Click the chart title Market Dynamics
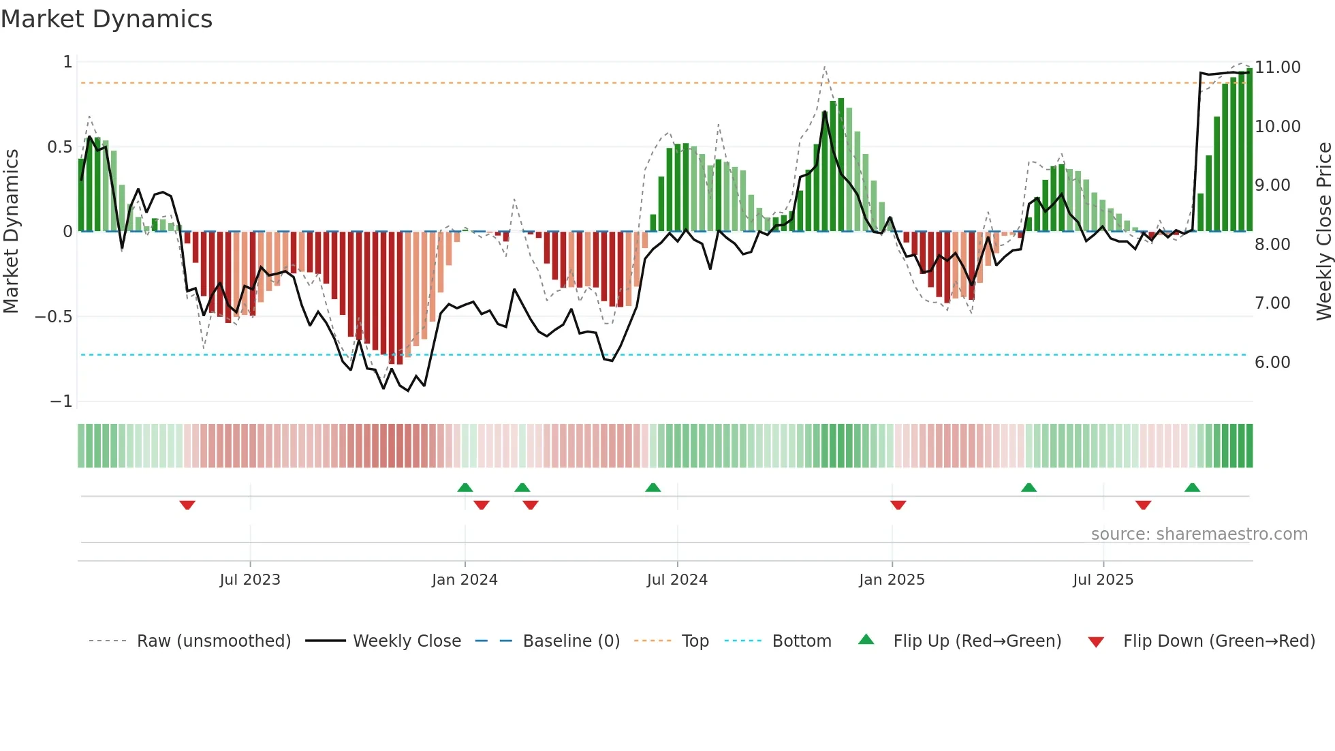pyautogui.click(x=106, y=19)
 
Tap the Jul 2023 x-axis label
pyautogui.click(x=250, y=580)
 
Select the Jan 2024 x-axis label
pyautogui.click(x=465, y=580)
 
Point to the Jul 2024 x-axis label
pyautogui.click(x=677, y=580)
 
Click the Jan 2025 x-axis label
pyautogui.click(x=892, y=580)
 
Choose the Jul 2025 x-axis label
pyautogui.click(x=1103, y=580)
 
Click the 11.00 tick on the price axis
pyautogui.click(x=1278, y=67)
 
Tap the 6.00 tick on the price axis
pyautogui.click(x=1272, y=363)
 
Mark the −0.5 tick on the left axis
pyautogui.click(x=53, y=317)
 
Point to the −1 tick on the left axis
pyautogui.click(x=61, y=401)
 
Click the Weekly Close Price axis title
pyautogui.click(x=1323, y=232)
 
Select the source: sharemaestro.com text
pyautogui.click(x=1199, y=534)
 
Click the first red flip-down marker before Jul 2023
pyautogui.click(x=187, y=505)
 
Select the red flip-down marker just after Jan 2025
pyautogui.click(x=898, y=505)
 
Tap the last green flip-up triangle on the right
pyautogui.click(x=1192, y=488)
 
